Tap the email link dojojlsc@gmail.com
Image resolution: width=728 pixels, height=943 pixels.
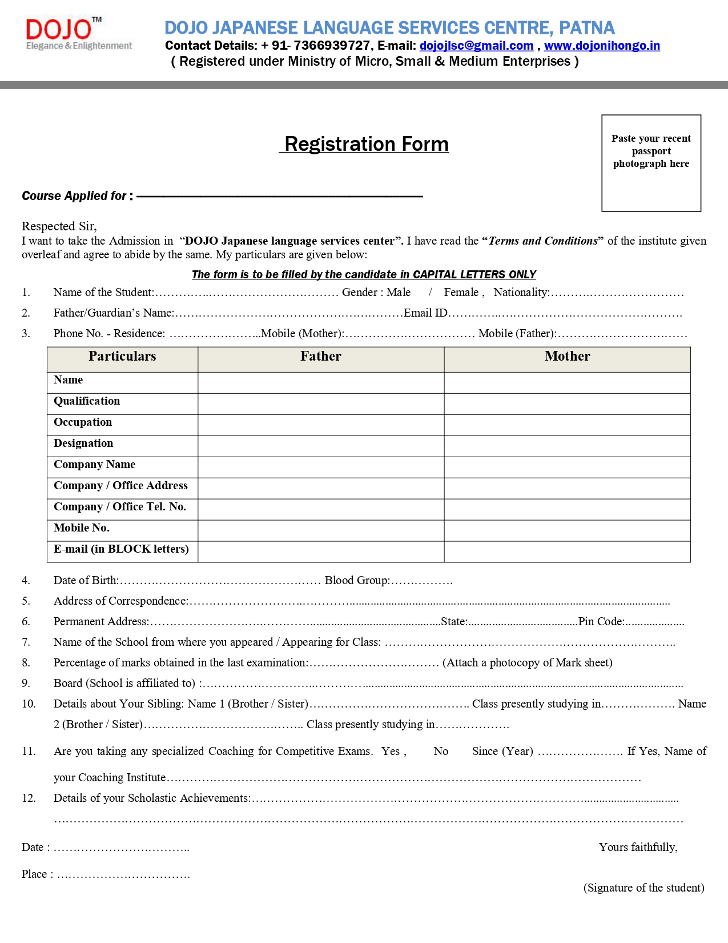476,46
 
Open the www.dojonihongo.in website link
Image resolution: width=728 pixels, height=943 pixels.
602,46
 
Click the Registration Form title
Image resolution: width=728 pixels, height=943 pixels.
367,144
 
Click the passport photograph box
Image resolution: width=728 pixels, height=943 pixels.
651,163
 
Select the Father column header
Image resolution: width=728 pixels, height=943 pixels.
321,357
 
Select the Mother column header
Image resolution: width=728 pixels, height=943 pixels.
567,357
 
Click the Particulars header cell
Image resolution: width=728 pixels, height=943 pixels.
122,357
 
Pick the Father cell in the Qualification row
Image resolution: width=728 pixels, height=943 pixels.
321,404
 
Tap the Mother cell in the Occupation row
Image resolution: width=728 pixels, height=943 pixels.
567,425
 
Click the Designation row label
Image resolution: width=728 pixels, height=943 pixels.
83,443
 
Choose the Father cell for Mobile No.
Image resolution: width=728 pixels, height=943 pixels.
321,530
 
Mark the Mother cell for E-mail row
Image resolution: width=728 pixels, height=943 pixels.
567,552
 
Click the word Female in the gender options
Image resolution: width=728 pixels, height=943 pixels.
461,293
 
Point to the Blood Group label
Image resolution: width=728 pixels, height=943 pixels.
357,581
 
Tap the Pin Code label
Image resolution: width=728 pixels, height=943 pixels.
601,622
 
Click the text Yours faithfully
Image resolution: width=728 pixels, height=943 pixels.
638,848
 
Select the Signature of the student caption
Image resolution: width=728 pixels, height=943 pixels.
643,888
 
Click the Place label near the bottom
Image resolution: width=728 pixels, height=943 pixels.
37,874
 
